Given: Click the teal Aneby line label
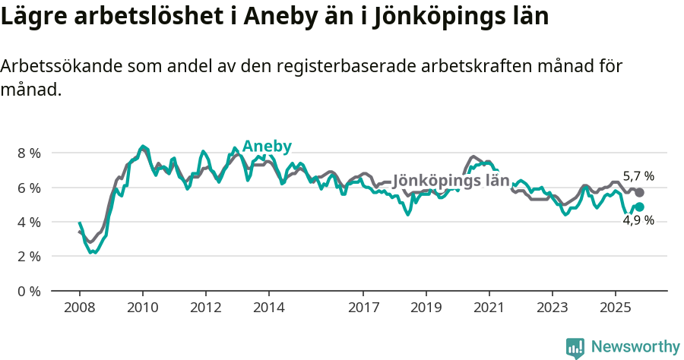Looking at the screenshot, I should coord(267,147).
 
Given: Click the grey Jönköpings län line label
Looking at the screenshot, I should coord(450,182).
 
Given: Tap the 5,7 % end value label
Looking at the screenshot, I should coord(638,176).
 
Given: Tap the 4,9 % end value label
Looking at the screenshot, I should coord(638,220).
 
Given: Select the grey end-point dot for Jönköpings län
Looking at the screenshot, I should coord(639,193).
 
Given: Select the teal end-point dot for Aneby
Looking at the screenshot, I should coord(639,207).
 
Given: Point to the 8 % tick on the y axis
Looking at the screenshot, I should coord(29,153).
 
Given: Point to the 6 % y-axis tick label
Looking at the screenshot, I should coord(29,188).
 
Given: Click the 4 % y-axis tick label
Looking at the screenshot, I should coord(29,222).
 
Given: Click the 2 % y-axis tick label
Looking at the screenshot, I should coord(29,257).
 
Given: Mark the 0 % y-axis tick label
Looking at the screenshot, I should coord(29,291).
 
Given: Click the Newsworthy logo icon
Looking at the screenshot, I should coord(575,347).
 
